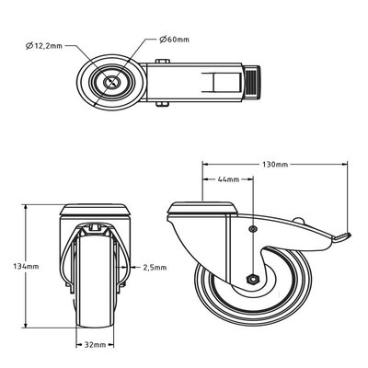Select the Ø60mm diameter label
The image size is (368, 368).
coord(176,39)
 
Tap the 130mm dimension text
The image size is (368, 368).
coord(274,165)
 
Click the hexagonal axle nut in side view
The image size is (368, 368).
coord(251,279)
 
